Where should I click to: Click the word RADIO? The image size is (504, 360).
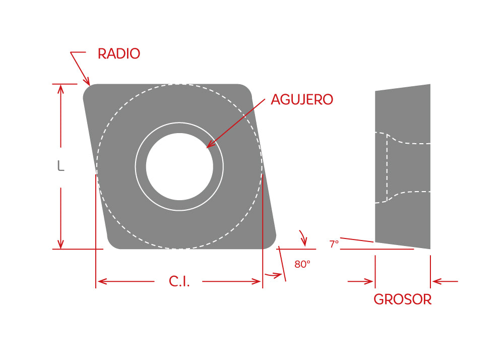click(x=118, y=54)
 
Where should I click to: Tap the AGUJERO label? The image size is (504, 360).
click(x=302, y=100)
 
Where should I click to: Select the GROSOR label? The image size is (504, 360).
click(x=402, y=299)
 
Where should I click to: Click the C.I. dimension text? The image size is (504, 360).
click(x=179, y=282)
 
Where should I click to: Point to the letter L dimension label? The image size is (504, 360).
click(x=60, y=166)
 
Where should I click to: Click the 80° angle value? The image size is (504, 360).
click(x=302, y=264)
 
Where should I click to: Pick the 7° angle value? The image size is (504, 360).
click(x=334, y=245)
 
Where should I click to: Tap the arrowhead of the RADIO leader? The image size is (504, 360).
click(x=88, y=82)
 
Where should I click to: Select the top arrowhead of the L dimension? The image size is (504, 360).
click(x=60, y=88)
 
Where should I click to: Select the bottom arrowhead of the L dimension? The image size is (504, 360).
click(x=60, y=245)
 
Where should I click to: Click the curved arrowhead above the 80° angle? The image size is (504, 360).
click(x=304, y=242)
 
